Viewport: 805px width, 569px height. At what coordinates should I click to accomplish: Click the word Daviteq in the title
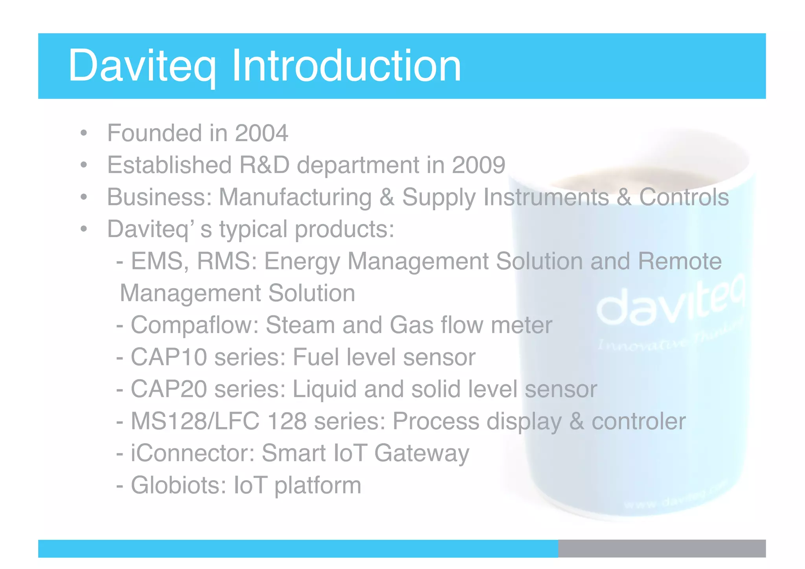click(x=142, y=66)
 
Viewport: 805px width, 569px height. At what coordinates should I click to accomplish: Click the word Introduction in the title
click(x=346, y=66)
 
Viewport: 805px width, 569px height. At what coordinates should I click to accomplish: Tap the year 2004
click(x=261, y=133)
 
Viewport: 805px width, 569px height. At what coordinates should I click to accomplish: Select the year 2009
click(x=478, y=165)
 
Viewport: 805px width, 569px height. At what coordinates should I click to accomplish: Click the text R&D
click(x=264, y=165)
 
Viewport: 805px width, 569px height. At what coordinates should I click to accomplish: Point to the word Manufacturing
click(x=295, y=197)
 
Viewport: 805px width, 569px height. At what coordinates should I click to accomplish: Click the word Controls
click(x=684, y=197)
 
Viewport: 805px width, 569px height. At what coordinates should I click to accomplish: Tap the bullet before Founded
click(x=83, y=134)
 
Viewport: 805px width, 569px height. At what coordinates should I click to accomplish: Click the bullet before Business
click(x=83, y=197)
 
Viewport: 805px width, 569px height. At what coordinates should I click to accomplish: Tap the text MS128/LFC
click(x=195, y=421)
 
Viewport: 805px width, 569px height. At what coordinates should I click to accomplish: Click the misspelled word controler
click(x=638, y=421)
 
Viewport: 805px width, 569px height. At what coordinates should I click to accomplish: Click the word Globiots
click(x=178, y=485)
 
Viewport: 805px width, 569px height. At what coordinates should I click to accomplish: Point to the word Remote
click(x=680, y=261)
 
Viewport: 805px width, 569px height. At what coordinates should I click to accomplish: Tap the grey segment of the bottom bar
click(x=662, y=549)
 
